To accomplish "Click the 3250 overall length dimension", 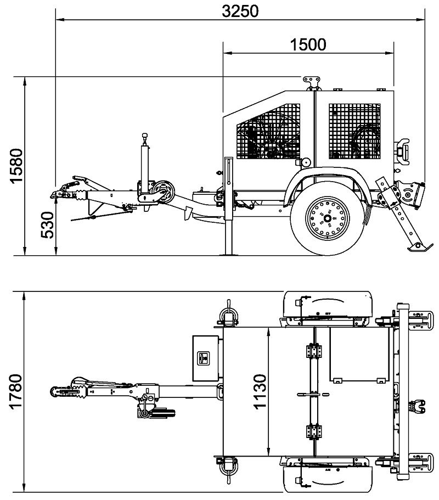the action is coord(240,11).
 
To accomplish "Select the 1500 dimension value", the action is coord(308,44).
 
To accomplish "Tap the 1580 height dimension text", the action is coord(16,166).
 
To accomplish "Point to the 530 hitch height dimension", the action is coord(48,225).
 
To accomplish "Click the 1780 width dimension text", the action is coord(15,391).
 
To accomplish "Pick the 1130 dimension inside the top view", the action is coord(260,391).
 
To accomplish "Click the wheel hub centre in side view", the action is coord(327,219).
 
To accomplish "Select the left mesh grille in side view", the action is coord(268,131).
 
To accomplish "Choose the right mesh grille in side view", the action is coord(354,131).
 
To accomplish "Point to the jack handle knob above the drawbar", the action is coord(145,136).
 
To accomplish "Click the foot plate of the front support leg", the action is coord(229,254).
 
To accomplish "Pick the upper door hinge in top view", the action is coord(314,351).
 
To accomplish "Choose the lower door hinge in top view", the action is coord(314,432).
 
